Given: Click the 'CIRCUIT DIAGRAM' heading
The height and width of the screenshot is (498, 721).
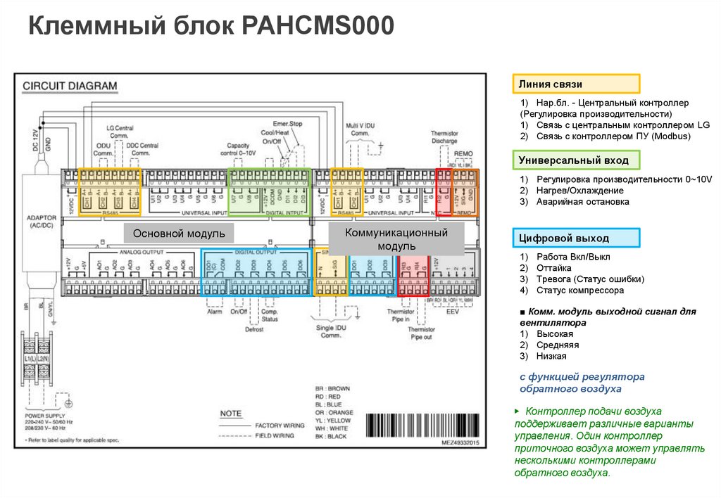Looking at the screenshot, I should [70, 86].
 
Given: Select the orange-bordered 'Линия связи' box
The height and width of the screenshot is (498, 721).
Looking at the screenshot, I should [575, 84].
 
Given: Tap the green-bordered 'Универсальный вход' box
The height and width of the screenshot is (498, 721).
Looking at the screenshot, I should [575, 161].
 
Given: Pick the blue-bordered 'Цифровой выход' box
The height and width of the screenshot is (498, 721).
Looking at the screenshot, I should [575, 238].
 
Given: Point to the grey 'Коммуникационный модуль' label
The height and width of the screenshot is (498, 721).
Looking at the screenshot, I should [396, 238].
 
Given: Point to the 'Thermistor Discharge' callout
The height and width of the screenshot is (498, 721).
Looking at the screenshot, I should [444, 136].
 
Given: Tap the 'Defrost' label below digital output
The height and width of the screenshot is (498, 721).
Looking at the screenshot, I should [253, 328].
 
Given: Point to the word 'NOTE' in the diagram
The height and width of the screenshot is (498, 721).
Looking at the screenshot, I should [231, 413].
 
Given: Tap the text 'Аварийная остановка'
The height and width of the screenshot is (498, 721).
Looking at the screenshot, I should [582, 202].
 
